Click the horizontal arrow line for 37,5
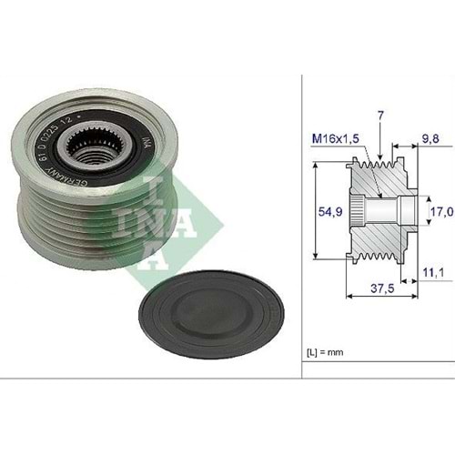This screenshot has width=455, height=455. pos(380,294)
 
